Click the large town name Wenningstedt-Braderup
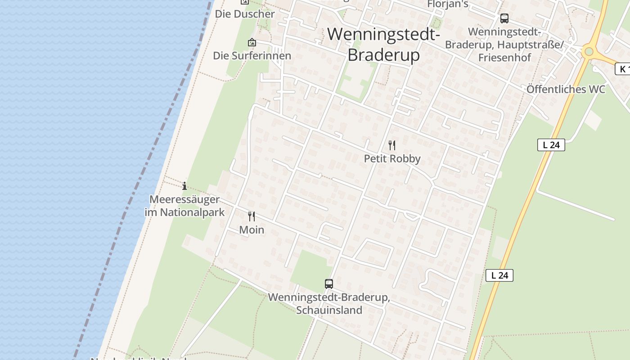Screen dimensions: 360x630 point(383,44)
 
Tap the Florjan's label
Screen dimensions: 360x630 point(447,4)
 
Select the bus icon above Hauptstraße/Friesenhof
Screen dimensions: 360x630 point(504,18)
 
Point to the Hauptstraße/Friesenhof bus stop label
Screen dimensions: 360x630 point(504,45)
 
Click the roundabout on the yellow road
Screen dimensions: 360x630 point(589,52)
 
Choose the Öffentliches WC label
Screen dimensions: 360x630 point(566,89)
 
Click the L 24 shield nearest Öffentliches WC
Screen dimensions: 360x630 point(551,145)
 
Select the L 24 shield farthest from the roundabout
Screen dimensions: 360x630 point(499,275)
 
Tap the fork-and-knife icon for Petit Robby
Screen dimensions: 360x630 point(392,145)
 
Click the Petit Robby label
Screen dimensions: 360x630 point(392,158)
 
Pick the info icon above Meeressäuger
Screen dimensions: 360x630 point(184,186)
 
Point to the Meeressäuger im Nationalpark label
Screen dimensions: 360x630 point(184,206)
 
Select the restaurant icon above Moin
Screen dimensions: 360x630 point(252,216)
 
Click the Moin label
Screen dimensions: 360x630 point(252,230)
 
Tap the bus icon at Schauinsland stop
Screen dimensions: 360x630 point(329,284)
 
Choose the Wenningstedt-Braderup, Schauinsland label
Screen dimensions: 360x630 point(329,304)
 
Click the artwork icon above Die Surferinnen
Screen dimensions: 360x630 point(252,42)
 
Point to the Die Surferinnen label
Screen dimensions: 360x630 point(252,56)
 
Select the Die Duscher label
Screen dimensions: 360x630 point(245,14)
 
